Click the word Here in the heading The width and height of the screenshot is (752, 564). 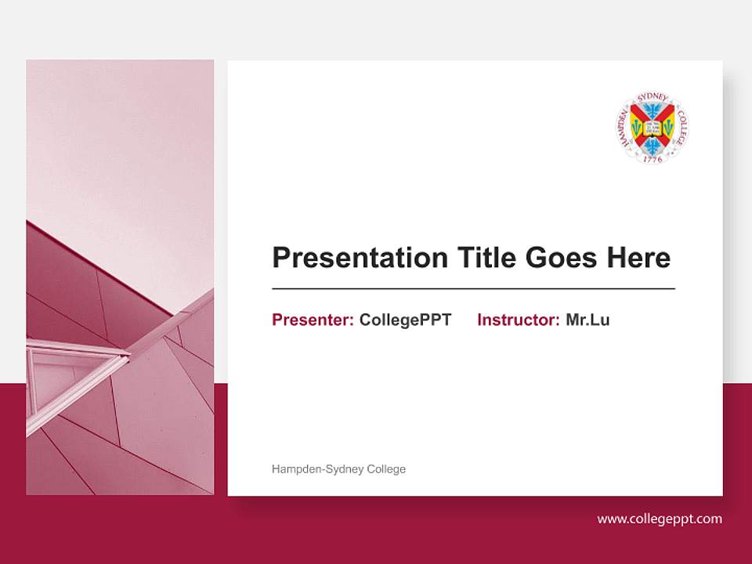pyautogui.click(x=638, y=258)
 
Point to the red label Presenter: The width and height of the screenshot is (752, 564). pyautogui.click(x=313, y=320)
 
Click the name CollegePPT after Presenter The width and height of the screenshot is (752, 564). pyautogui.click(x=405, y=320)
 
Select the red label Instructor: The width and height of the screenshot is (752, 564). pyautogui.click(x=518, y=320)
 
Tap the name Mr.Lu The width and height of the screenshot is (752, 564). pyautogui.click(x=587, y=320)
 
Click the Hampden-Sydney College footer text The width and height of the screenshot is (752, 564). pyautogui.click(x=338, y=469)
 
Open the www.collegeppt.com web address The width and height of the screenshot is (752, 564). pyautogui.click(x=660, y=519)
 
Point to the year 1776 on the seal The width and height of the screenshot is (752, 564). pyautogui.click(x=653, y=158)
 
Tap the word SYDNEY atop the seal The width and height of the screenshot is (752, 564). pyautogui.click(x=653, y=97)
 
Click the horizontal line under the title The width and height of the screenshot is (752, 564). pyautogui.click(x=473, y=289)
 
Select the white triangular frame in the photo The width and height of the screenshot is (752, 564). pyautogui.click(x=74, y=376)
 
